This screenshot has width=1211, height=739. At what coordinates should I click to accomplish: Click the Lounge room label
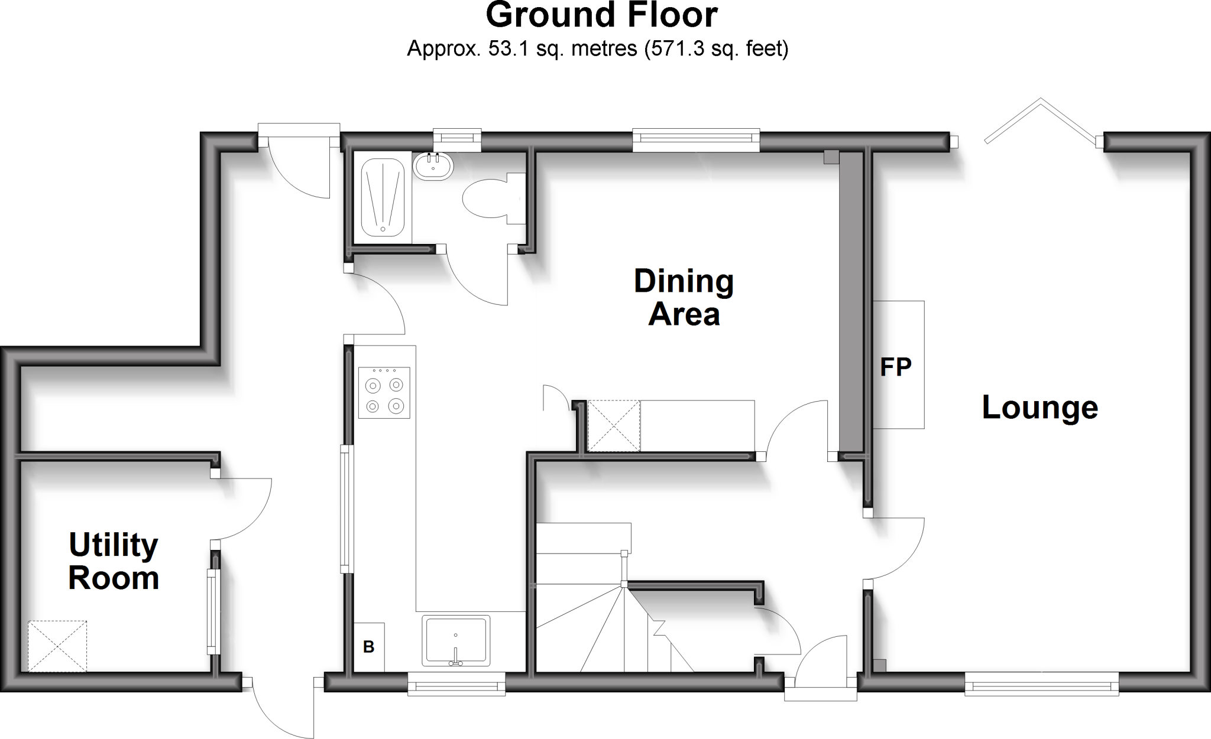coord(1040,408)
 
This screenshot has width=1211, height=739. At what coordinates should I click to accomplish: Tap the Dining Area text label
coord(684,298)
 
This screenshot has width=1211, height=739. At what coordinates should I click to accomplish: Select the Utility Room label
coord(114,561)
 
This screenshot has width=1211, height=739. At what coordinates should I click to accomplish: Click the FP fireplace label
coord(896,367)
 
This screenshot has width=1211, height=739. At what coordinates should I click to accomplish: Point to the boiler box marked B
coord(368,647)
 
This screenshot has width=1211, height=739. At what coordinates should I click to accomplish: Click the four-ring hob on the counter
coord(384,393)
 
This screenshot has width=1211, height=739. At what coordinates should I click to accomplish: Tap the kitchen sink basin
coord(456,640)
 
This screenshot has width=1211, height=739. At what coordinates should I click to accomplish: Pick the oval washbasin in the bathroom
coord(433,165)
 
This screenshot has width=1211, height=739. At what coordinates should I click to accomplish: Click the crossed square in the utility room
coord(57,646)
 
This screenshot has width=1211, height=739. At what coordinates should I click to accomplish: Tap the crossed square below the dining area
coord(614,426)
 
